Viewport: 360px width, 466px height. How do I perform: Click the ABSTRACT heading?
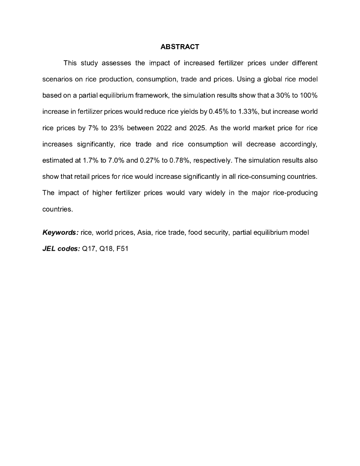[180, 47]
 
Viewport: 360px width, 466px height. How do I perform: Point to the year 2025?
[198, 128]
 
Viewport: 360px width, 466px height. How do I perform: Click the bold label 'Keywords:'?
[61, 233]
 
